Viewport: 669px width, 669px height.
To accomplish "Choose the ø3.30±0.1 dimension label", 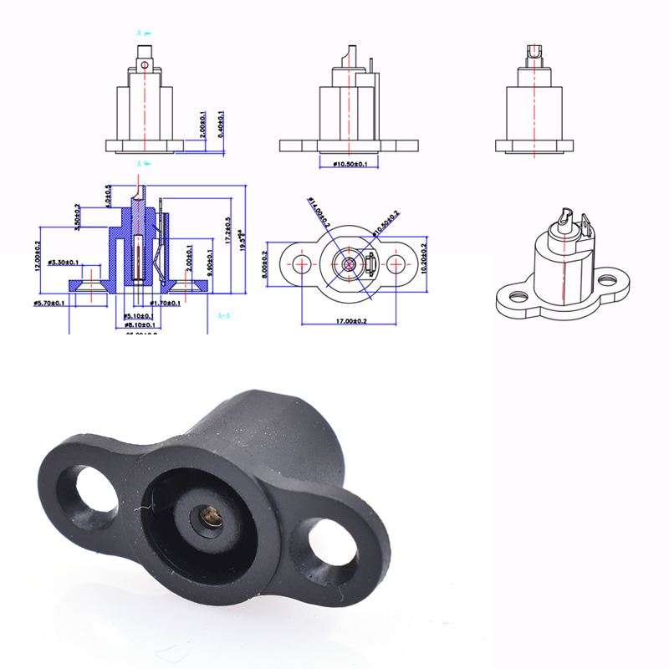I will click(x=64, y=263).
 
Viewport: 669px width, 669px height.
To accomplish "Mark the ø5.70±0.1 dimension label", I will click(x=51, y=302).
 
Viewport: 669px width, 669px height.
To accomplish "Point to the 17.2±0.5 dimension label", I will click(x=229, y=227).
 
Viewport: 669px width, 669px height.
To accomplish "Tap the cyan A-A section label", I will click(x=224, y=317).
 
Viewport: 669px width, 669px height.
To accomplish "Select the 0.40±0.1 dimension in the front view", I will click(x=220, y=124).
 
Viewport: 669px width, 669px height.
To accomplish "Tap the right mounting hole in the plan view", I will click(x=396, y=263).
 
